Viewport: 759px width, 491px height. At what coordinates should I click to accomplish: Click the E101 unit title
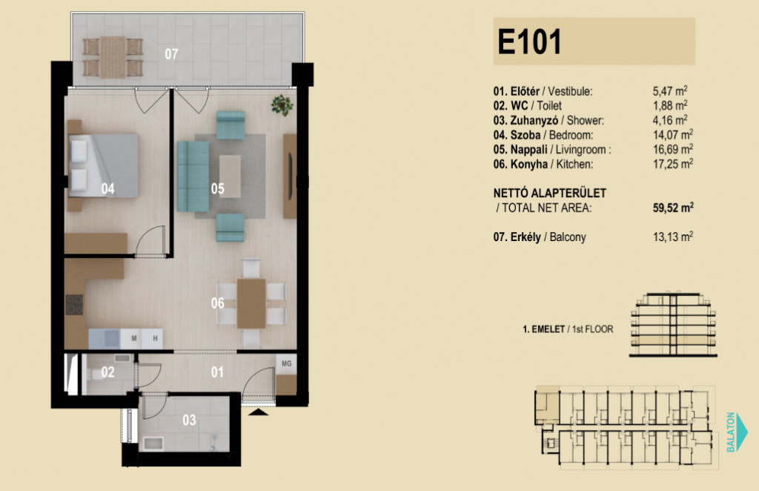pyautogui.click(x=529, y=42)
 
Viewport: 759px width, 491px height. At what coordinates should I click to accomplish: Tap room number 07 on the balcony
pyautogui.click(x=171, y=53)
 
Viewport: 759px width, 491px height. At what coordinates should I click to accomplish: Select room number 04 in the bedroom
pyautogui.click(x=108, y=188)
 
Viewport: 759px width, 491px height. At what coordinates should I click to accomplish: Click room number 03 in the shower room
pyautogui.click(x=189, y=420)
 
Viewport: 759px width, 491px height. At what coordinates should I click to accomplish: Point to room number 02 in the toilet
pyautogui.click(x=108, y=372)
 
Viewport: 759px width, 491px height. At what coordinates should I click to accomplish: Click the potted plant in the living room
pyautogui.click(x=282, y=105)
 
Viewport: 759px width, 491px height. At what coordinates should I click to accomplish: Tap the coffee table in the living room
pyautogui.click(x=230, y=176)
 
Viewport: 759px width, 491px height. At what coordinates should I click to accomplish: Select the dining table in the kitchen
pyautogui.click(x=251, y=303)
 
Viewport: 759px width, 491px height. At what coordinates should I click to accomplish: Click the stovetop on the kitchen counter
pyautogui.click(x=75, y=305)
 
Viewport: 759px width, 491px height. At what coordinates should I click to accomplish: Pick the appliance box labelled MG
pyautogui.click(x=287, y=363)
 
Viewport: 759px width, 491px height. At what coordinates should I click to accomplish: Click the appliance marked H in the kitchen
pyautogui.click(x=155, y=338)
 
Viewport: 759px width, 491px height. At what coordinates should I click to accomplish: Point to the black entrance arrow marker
pyautogui.click(x=258, y=412)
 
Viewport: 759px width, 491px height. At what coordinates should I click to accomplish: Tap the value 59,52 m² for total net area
pyautogui.click(x=673, y=208)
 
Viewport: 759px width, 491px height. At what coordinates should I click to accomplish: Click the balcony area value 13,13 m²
pyautogui.click(x=673, y=237)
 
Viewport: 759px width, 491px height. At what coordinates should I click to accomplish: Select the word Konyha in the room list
pyautogui.click(x=529, y=164)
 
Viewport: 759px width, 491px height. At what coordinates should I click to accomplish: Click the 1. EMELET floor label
pyautogui.click(x=543, y=329)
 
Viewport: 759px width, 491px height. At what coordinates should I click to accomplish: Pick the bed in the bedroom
pyautogui.click(x=104, y=165)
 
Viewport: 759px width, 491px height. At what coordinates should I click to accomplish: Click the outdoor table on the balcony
pyautogui.click(x=113, y=57)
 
